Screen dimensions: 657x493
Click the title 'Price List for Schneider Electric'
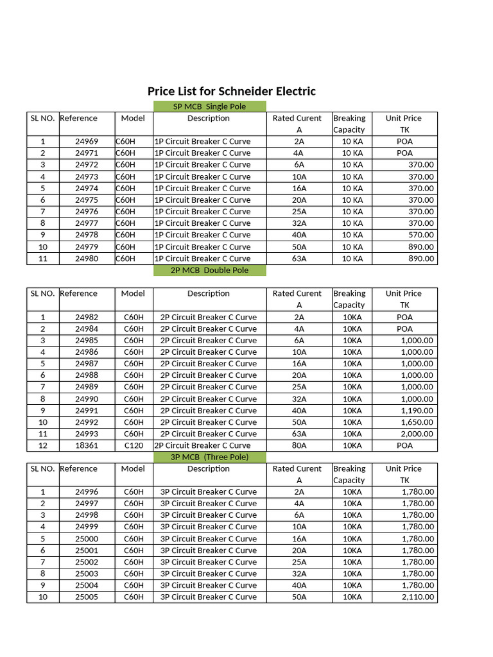click(232, 91)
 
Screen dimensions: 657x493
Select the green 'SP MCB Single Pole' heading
click(209, 107)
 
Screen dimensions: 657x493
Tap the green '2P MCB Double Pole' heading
click(209, 270)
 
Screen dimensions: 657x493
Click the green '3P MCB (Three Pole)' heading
click(209, 457)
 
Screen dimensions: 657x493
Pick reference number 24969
click(87, 141)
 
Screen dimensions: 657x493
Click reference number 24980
click(87, 259)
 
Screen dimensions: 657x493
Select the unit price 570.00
click(421, 235)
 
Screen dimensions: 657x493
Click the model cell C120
click(134, 445)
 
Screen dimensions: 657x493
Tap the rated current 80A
click(299, 445)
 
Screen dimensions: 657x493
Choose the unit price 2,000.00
click(417, 434)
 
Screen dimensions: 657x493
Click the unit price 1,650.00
click(417, 422)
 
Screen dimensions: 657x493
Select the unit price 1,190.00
click(417, 411)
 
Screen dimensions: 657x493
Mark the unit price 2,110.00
click(417, 597)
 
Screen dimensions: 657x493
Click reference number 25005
click(87, 597)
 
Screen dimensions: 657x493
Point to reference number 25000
click(87, 539)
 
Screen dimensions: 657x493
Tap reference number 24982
click(87, 317)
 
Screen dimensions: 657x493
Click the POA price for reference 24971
click(404, 153)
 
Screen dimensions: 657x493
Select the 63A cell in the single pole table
click(299, 259)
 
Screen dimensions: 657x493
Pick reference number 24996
click(87, 492)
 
